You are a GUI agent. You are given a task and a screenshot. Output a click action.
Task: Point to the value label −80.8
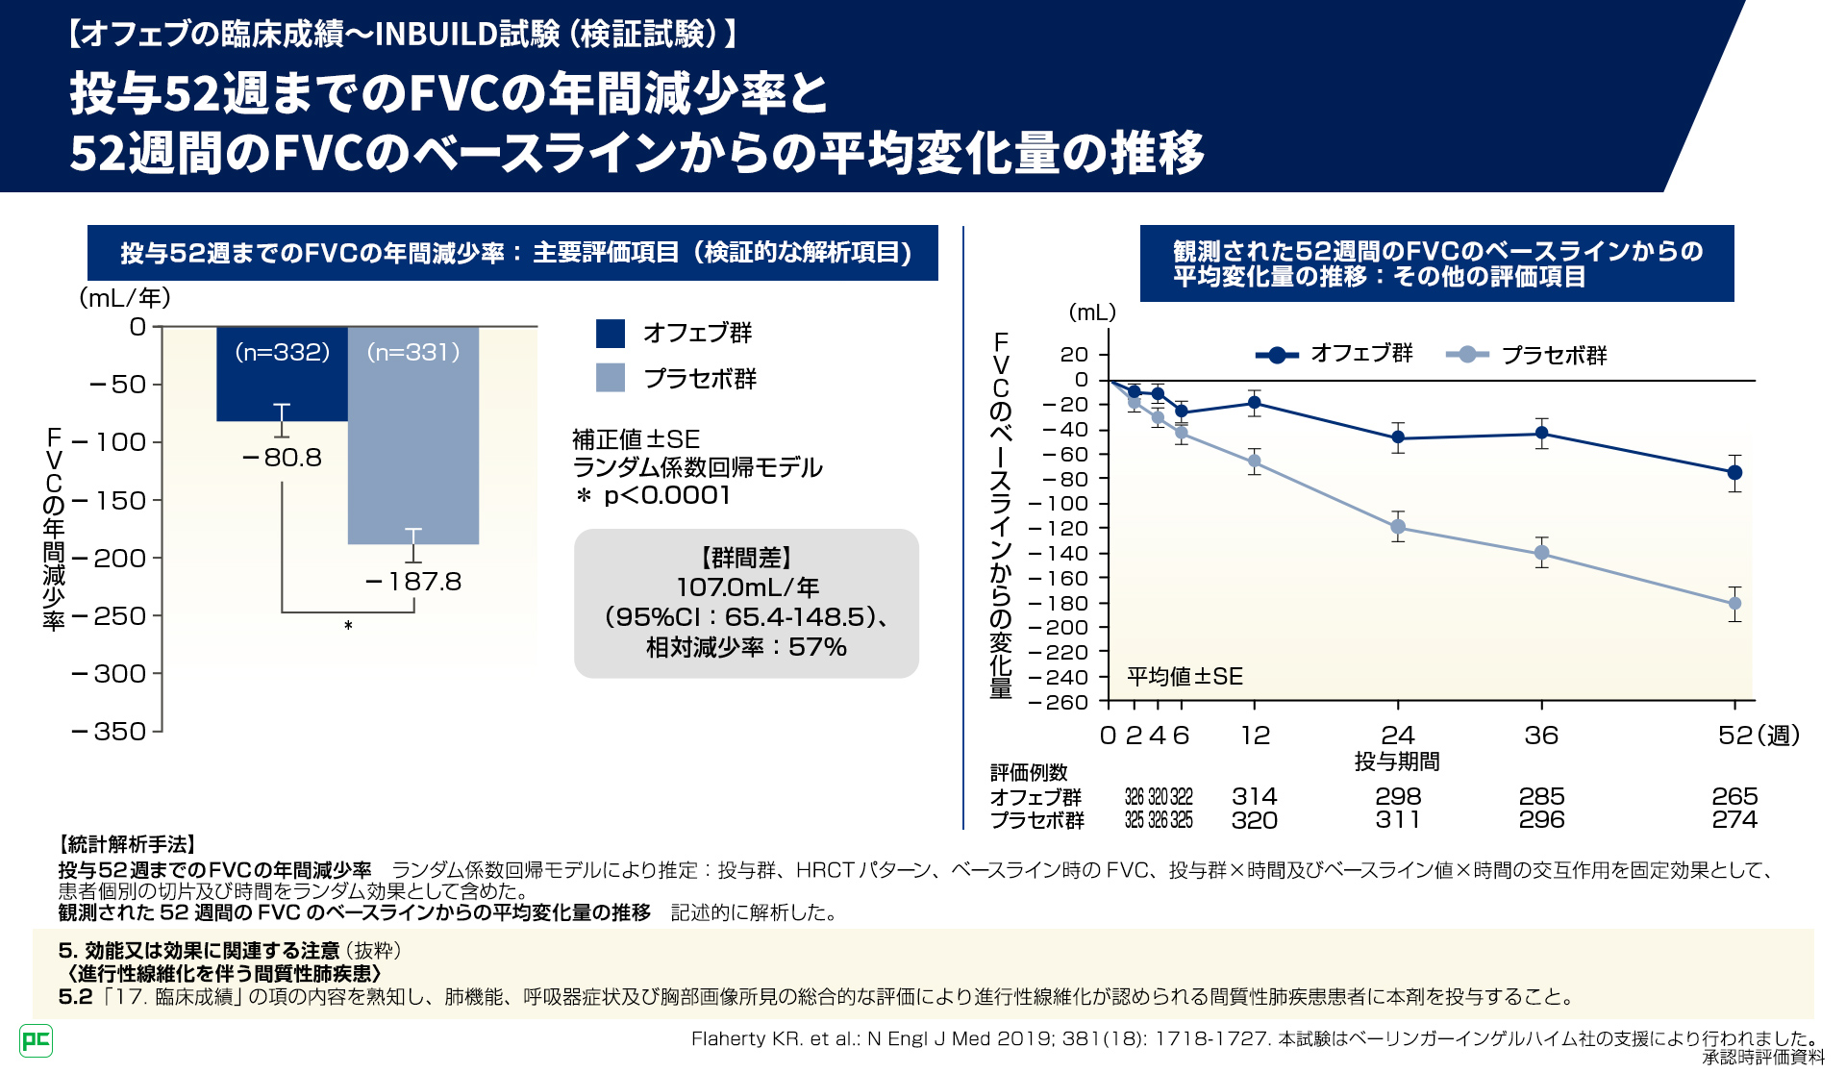283,458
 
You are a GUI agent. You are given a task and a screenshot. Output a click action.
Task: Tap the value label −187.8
414,582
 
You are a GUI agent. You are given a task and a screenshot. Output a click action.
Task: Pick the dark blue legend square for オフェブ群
611,334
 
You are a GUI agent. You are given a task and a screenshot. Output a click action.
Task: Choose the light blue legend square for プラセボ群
611,378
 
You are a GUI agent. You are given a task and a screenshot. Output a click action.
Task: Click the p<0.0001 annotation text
666,495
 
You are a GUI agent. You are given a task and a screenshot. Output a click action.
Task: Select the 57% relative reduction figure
817,647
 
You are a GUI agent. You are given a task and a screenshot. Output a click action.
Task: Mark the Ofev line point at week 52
1734,472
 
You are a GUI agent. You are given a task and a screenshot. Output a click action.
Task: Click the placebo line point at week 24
1398,527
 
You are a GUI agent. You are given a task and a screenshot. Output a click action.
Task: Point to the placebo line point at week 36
1541,553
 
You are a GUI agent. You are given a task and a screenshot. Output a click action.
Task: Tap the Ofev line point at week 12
1254,404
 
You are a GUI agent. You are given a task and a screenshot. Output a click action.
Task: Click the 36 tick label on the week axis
1541,736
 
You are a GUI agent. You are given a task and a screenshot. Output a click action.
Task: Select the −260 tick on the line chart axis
1059,702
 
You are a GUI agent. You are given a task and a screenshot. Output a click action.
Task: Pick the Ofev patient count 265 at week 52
1734,796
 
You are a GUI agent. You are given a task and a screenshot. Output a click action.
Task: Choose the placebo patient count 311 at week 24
1398,820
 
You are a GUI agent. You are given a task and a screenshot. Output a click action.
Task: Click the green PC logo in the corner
36,1039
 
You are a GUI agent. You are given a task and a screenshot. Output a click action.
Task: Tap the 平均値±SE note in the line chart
1185,677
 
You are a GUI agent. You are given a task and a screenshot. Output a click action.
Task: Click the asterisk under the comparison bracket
348,626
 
